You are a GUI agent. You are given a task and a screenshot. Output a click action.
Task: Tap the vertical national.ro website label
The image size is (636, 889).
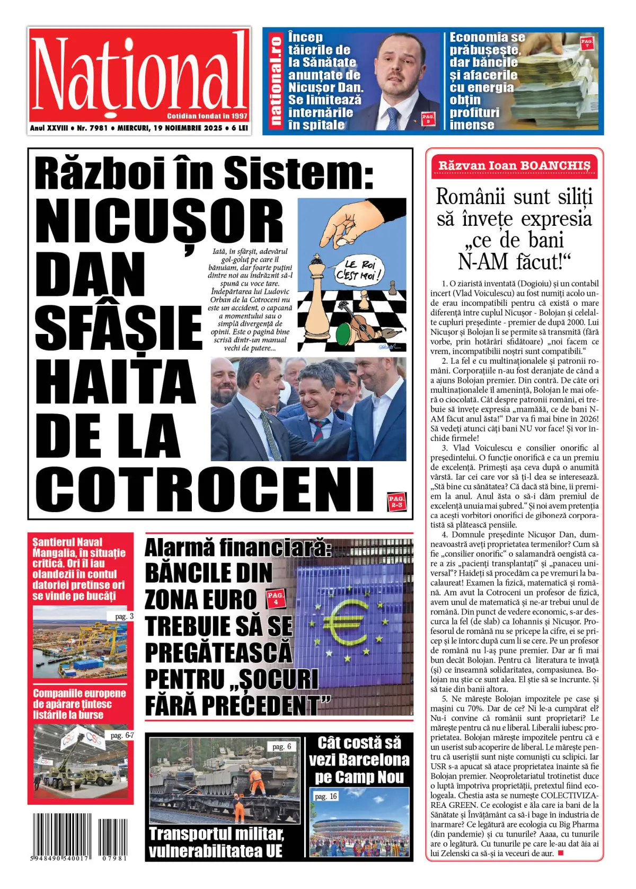275,80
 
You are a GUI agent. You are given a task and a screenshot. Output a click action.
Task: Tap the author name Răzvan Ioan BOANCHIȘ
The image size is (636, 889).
514,165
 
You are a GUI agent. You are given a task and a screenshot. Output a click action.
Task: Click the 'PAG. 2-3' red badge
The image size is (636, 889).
396,501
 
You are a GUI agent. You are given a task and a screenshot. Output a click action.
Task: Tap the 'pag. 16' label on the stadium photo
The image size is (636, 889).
325,796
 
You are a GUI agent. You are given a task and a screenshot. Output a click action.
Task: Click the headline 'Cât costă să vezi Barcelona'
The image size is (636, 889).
359,759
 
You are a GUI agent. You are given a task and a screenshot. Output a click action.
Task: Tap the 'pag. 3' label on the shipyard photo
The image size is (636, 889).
124,616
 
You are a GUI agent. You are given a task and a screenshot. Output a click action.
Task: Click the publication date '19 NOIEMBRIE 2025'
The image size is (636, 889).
188,128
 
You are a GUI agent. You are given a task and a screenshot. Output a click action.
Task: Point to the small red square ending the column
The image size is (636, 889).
561,853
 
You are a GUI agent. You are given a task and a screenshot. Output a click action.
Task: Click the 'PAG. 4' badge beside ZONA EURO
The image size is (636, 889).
275,598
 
